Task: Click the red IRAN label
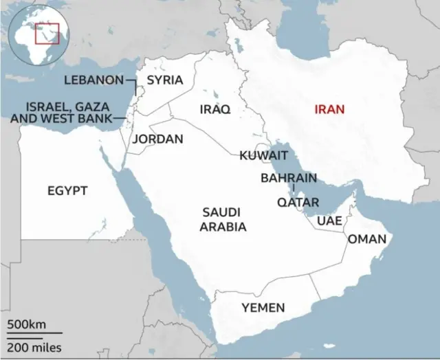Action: tap(329, 109)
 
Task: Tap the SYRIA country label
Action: tap(165, 80)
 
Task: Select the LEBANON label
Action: tap(93, 80)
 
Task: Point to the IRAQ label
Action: tap(214, 109)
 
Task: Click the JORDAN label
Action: tap(157, 139)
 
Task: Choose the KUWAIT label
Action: tap(263, 156)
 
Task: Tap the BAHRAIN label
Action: tap(289, 178)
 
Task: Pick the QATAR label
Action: tap(298, 202)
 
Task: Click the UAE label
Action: tap(329, 221)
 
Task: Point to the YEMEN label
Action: tap(263, 307)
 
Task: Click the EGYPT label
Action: tap(67, 190)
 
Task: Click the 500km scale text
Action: tap(27, 324)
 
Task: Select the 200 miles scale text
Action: tap(35, 346)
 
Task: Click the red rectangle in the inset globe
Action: tap(47, 33)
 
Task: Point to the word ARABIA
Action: tap(223, 226)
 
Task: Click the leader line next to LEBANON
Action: tap(131, 80)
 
